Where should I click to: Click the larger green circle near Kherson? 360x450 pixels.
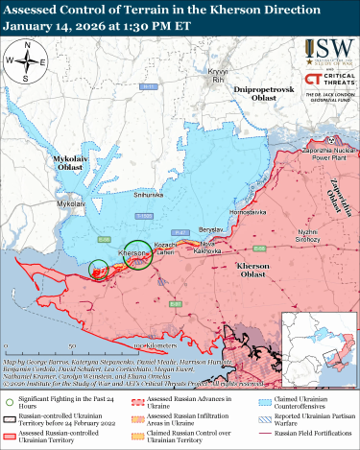[136, 255]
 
